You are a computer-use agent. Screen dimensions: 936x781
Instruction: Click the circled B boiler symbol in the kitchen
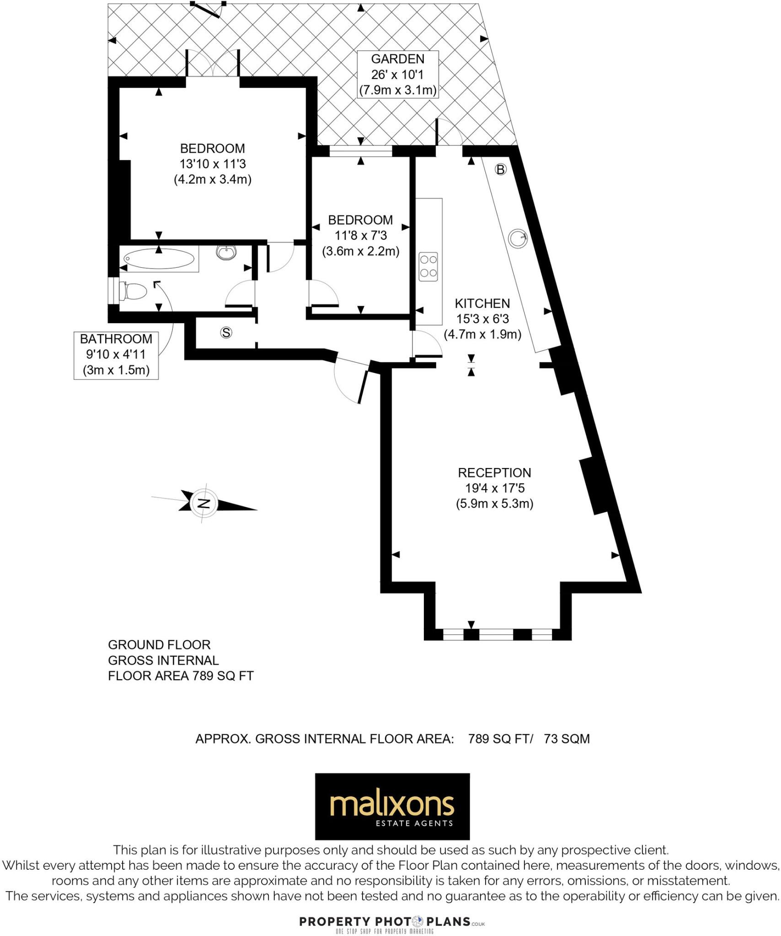click(501, 170)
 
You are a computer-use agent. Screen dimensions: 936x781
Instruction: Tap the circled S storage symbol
click(226, 333)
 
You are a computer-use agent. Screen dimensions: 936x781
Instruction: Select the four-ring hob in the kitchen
click(428, 266)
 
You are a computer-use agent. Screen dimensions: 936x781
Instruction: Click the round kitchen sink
click(518, 238)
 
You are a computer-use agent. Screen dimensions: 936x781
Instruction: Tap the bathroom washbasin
click(226, 252)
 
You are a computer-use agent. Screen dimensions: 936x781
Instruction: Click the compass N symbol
click(204, 504)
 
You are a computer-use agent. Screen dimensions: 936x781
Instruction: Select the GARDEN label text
click(397, 59)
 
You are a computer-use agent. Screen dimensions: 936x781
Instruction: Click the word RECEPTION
click(494, 473)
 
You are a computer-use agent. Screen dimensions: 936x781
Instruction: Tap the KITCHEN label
click(482, 303)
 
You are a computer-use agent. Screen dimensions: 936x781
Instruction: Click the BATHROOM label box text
click(116, 339)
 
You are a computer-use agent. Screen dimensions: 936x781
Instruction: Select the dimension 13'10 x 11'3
click(213, 164)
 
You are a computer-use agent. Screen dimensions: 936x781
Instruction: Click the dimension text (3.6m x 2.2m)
click(360, 251)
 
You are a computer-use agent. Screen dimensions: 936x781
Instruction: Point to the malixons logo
click(392, 807)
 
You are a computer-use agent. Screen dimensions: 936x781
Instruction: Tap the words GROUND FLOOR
click(159, 645)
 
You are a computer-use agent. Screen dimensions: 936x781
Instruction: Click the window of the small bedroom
click(361, 151)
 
